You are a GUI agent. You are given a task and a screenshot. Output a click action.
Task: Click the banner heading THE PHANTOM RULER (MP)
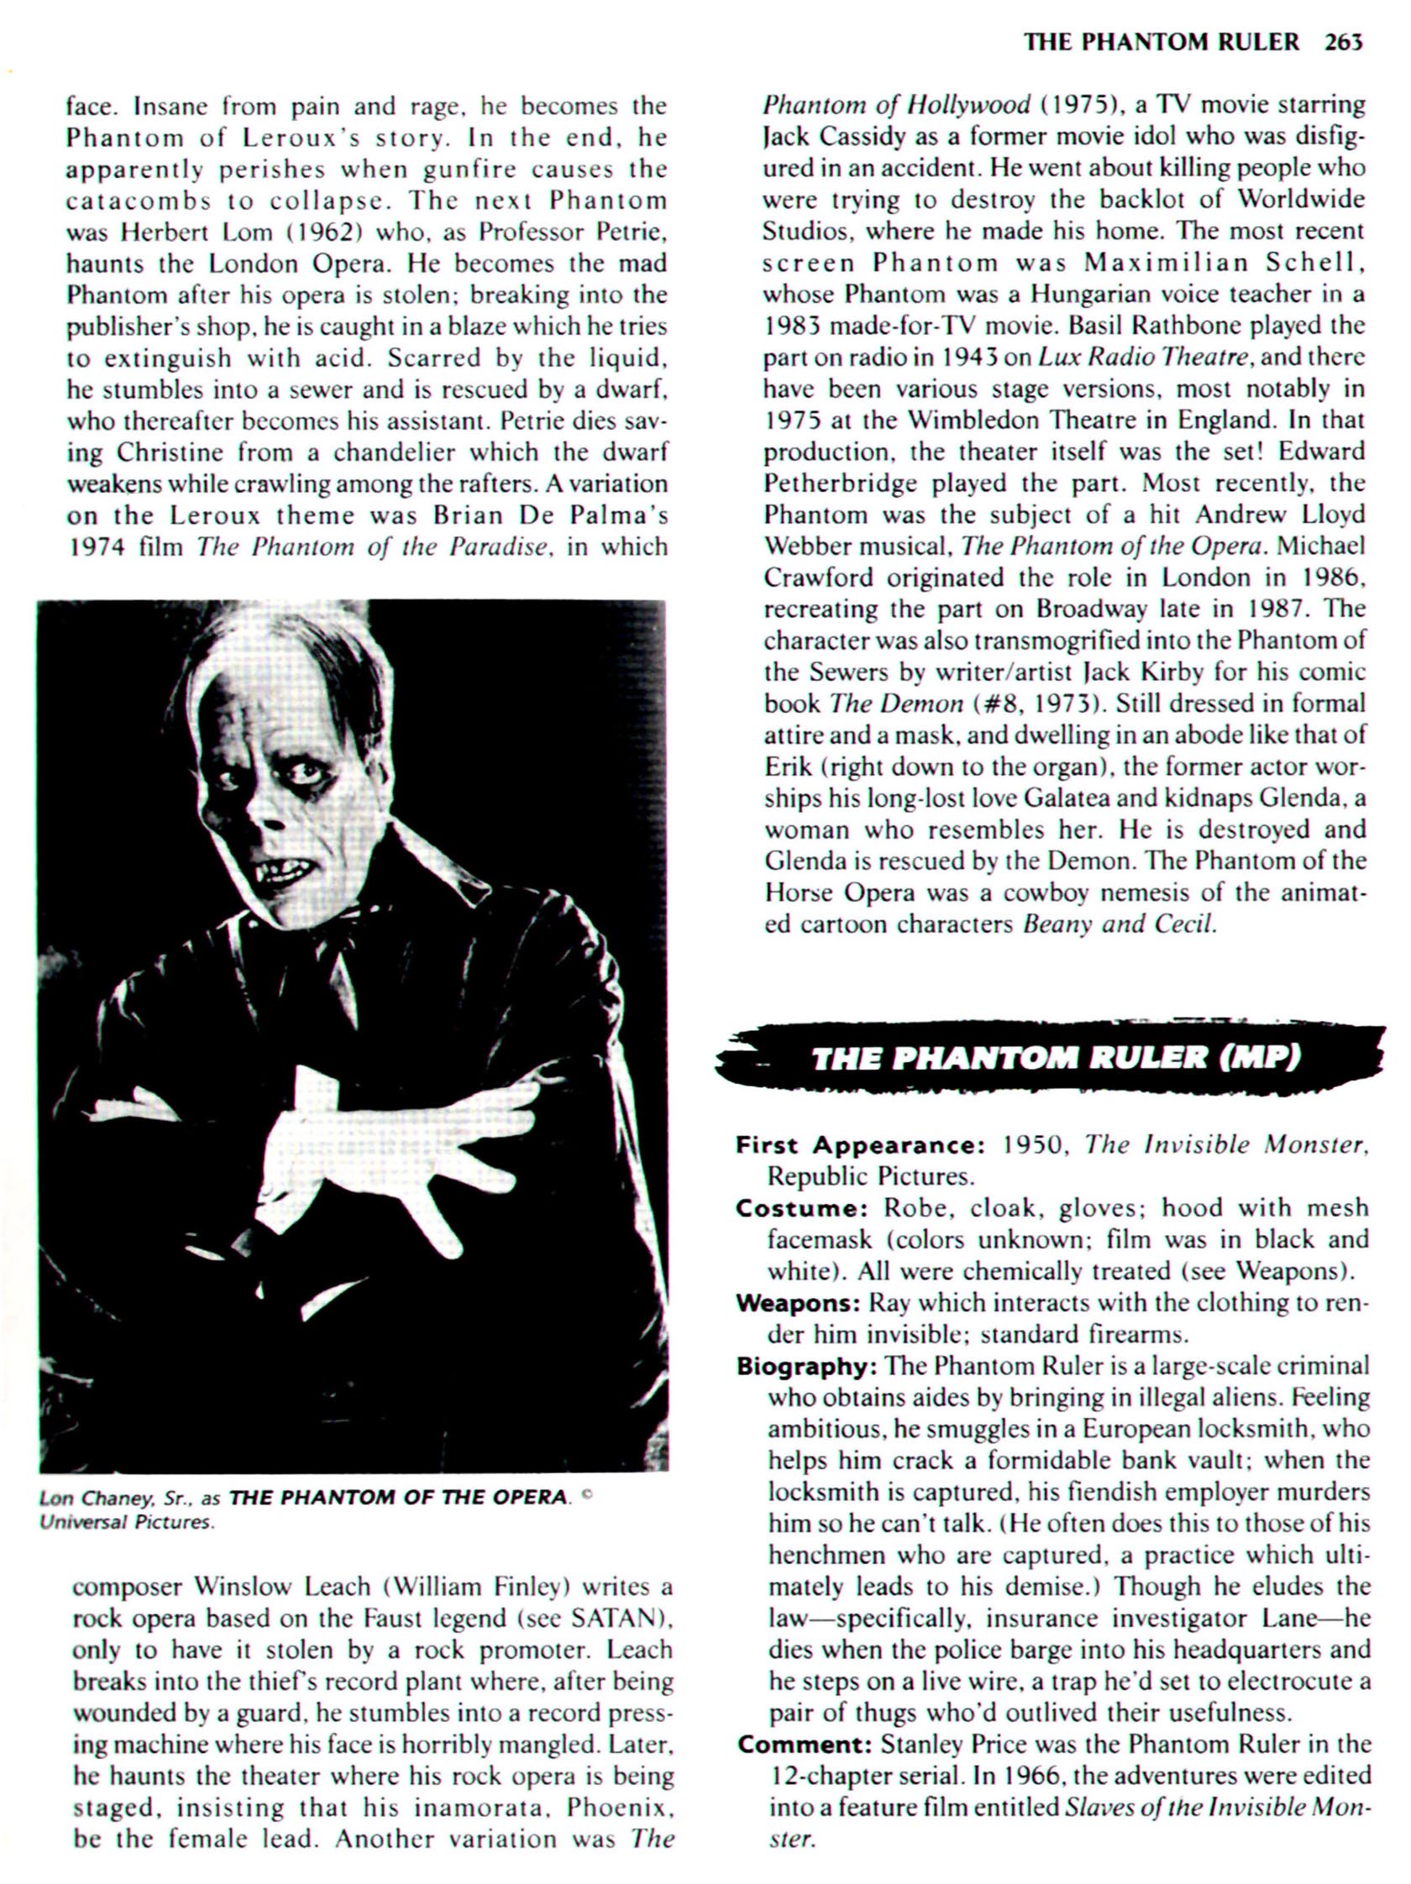1055,1058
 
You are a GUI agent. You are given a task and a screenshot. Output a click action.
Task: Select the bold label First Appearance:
860,1144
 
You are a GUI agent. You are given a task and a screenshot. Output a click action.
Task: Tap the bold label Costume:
800,1208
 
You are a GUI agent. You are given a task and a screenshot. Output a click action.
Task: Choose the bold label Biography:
808,1366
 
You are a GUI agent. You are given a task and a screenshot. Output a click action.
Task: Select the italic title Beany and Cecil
1117,924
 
